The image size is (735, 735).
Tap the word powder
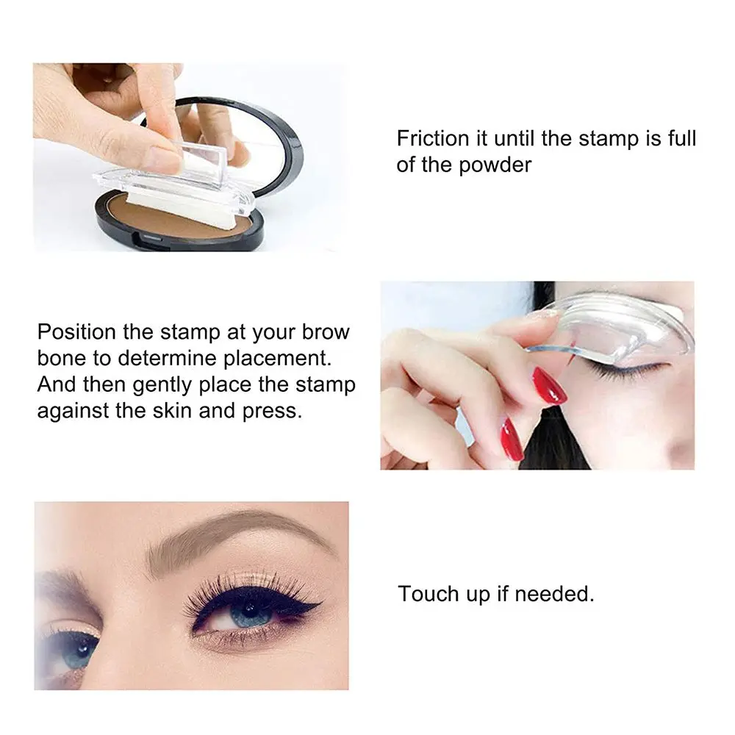click(x=495, y=164)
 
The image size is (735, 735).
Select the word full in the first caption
click(x=681, y=138)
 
